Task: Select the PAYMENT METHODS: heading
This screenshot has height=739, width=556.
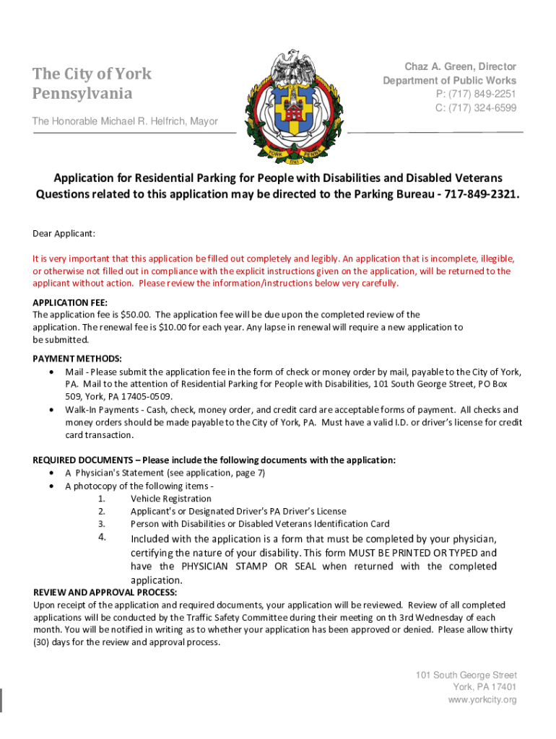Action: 77,359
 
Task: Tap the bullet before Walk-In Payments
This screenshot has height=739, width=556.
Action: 51,410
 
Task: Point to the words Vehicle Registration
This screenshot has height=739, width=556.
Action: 171,499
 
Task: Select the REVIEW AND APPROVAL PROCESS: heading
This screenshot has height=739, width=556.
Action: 105,592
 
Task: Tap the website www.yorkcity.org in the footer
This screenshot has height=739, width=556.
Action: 482,700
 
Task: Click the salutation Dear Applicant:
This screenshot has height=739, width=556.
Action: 64,234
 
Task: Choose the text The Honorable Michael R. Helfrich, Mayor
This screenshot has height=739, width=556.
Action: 125,121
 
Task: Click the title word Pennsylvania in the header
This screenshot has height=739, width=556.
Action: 82,94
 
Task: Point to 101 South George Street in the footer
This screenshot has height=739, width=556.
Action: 466,675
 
